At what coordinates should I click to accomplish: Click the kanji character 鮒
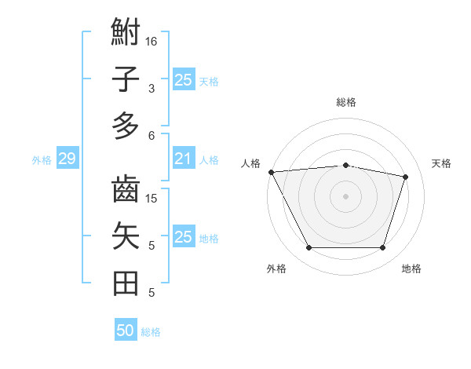pyautogui.click(x=126, y=34)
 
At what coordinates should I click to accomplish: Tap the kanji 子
pyautogui.click(x=126, y=79)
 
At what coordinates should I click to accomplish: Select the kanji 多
pyautogui.click(x=126, y=126)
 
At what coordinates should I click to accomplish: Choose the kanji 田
pyautogui.click(x=126, y=283)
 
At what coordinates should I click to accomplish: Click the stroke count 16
pyautogui.click(x=152, y=41)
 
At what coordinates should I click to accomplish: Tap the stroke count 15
pyautogui.click(x=152, y=198)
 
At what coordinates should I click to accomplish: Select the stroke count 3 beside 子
pyautogui.click(x=152, y=88)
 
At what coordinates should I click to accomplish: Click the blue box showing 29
pyautogui.click(x=67, y=159)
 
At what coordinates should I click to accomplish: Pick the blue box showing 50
pyautogui.click(x=126, y=331)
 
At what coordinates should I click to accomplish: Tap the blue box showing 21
pyautogui.click(x=183, y=159)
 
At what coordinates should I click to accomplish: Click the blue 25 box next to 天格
pyautogui.click(x=183, y=79)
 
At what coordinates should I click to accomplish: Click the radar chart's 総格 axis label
pyautogui.click(x=346, y=102)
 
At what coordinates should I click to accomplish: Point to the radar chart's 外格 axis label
pyautogui.click(x=276, y=269)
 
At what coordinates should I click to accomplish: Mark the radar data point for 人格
pyautogui.click(x=271, y=171)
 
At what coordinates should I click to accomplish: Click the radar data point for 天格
pyautogui.click(x=406, y=177)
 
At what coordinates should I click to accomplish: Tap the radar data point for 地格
pyautogui.click(x=383, y=248)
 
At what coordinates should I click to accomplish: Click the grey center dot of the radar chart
pyautogui.click(x=345, y=195)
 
